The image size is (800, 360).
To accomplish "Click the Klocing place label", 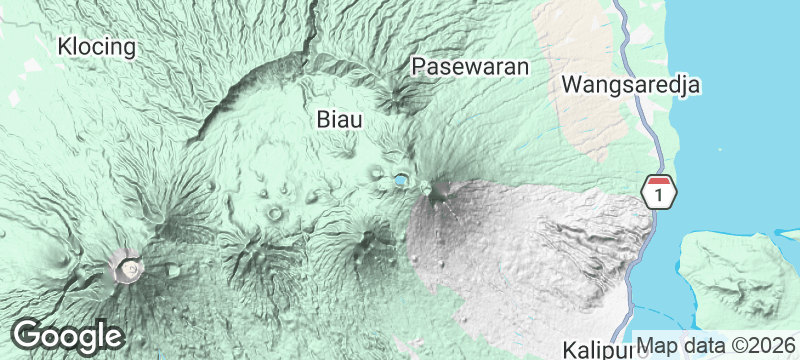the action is click(98, 46).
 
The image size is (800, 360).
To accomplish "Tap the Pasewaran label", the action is click(469, 67).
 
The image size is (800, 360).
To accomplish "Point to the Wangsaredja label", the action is click(630, 84).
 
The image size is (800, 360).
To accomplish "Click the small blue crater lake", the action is click(400, 181).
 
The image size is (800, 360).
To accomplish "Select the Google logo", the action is click(67, 335).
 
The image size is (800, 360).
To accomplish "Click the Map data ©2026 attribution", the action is click(716, 345).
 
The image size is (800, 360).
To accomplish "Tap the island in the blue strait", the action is click(740, 275).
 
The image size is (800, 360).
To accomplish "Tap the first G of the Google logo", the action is click(27, 335).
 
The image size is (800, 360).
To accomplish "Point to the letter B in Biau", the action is click(324, 119).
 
